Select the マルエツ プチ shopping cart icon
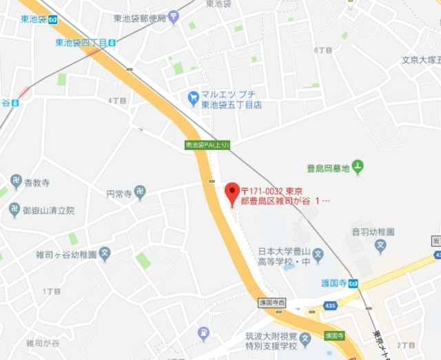point(193,98)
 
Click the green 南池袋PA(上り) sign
point(207,145)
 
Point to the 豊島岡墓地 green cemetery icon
point(358,166)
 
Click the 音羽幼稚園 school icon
point(380,246)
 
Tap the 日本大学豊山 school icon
point(318,257)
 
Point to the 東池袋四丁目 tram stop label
point(81,43)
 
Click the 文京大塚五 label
point(420,60)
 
